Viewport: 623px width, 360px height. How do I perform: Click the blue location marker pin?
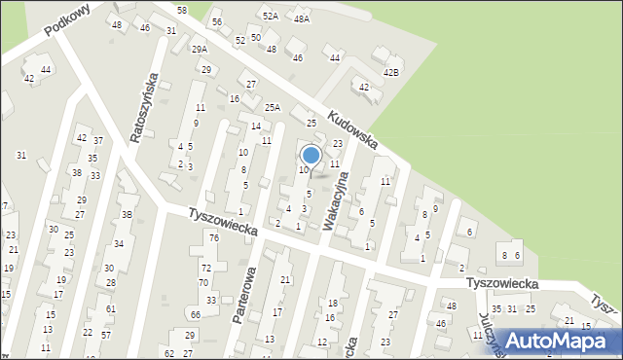(311, 156)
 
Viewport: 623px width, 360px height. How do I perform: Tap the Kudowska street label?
(352, 129)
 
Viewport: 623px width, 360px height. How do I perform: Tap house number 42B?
(391, 72)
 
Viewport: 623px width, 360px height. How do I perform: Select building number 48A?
(302, 18)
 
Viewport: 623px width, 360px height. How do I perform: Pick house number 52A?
(270, 17)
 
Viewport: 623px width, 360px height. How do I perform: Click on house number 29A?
(200, 49)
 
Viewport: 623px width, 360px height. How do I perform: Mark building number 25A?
(273, 107)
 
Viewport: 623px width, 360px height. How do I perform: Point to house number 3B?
(127, 214)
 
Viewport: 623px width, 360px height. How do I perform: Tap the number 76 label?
(213, 238)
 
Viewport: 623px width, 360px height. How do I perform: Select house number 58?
(181, 9)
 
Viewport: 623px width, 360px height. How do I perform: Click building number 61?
(111, 308)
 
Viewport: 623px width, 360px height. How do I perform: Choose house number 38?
(77, 173)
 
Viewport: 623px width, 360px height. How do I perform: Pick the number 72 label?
(205, 268)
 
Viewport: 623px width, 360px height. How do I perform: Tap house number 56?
(217, 21)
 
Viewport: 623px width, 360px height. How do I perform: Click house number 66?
(196, 314)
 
